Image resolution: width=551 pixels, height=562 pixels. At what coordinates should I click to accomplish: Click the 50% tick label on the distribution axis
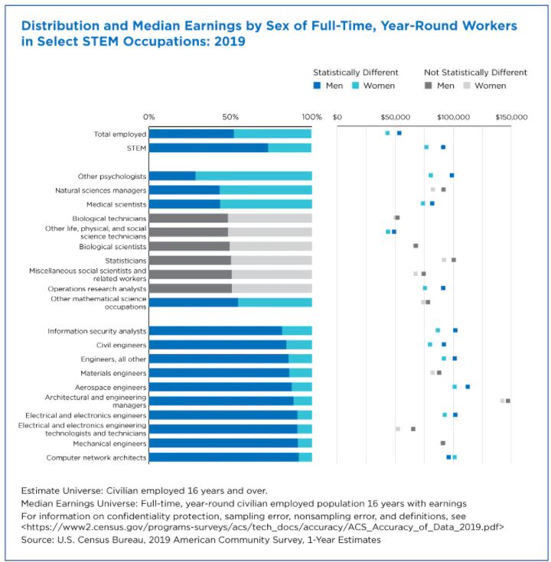point(230,117)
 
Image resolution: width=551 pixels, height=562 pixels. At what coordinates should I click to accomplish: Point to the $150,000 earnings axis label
point(510,117)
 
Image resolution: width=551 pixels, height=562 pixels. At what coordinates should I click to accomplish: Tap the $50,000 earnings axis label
point(395,117)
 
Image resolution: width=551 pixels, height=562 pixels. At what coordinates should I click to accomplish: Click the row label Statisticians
point(125,261)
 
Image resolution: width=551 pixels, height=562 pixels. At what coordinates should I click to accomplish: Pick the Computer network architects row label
point(96,457)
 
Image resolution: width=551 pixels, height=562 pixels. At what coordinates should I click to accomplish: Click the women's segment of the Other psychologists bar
point(253,176)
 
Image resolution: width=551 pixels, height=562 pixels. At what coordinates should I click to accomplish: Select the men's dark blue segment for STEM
point(208,148)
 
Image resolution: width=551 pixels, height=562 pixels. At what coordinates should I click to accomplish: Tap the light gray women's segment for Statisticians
point(271,261)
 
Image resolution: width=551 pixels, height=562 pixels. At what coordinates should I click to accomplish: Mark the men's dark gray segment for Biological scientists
point(189,246)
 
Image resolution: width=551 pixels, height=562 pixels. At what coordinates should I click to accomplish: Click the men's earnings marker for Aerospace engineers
point(468,387)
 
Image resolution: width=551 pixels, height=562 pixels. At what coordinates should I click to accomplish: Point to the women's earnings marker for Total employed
point(387,133)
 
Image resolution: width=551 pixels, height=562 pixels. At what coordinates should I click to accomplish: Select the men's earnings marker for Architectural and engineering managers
point(508,401)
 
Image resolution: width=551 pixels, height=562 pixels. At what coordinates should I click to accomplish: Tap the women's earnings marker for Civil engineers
point(430,345)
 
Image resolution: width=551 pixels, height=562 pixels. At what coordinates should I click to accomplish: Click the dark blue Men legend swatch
point(316,86)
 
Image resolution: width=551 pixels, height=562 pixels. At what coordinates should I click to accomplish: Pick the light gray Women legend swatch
point(465,86)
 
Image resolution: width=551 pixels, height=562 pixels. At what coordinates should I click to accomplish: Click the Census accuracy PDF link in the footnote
point(261,527)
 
